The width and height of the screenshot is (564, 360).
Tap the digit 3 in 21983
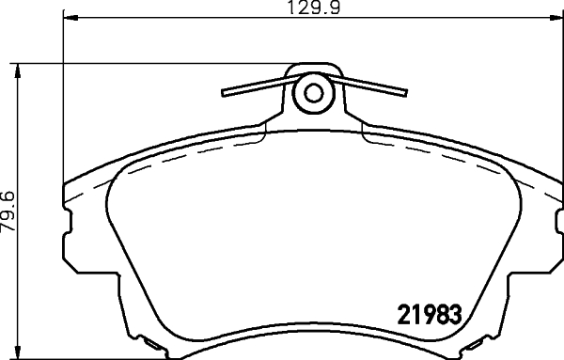(461, 314)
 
